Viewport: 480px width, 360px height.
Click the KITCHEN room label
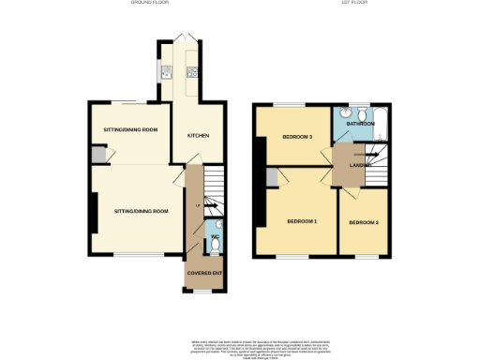198,136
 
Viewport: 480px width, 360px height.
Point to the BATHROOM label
360,124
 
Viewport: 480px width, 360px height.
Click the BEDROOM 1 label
302,220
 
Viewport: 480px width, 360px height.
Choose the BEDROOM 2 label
364,222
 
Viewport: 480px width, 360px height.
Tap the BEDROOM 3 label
297,137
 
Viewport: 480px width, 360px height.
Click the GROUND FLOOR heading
149,4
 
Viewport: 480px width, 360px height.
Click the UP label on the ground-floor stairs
197,205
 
